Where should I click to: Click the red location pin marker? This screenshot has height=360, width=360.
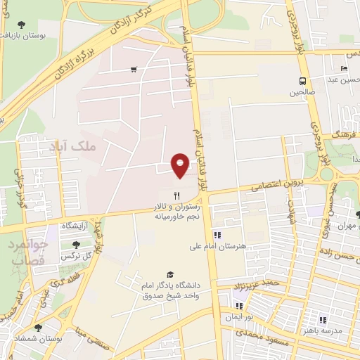tap(181, 165)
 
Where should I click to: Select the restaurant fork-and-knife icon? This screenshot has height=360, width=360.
tap(177, 196)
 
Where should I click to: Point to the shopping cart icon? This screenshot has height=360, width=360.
tap(133, 69)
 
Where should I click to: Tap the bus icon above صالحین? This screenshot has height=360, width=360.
tap(302, 80)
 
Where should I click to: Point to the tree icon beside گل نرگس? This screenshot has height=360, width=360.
tap(76, 244)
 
